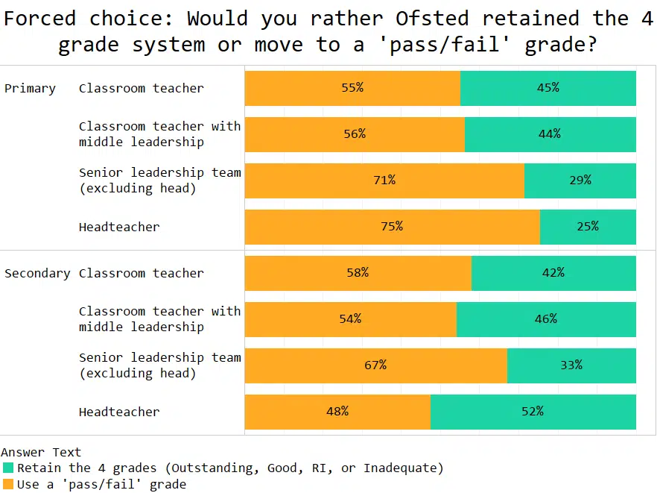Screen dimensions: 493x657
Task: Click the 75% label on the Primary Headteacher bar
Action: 392,226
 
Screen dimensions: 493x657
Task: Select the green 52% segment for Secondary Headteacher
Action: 533,411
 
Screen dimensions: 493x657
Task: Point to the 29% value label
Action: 580,180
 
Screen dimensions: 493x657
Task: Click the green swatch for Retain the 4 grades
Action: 8,468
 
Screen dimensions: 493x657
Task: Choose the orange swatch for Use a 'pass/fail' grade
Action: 8,484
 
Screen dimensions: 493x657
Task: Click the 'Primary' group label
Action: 30,88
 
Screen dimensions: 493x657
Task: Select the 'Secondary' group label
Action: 37,273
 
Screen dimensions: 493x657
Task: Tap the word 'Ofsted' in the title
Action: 430,18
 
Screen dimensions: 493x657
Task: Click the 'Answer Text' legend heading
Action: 41,452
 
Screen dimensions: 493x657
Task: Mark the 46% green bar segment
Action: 545,318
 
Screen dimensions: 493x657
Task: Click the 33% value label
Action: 571,365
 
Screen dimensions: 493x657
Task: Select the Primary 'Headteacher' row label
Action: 119,227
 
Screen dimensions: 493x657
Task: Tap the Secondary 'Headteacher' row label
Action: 119,412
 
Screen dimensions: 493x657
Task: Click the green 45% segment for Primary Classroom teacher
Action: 547,87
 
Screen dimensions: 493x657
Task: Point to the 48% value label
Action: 337,411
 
